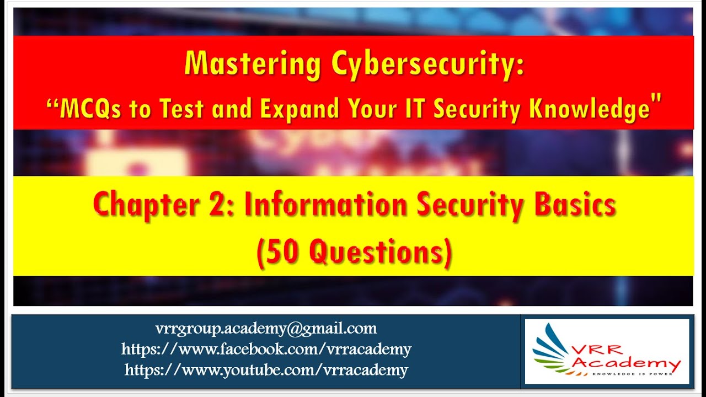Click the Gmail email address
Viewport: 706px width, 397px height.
tap(266, 329)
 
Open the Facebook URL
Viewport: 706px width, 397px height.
tap(266, 349)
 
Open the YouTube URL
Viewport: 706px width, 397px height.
tap(266, 369)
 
